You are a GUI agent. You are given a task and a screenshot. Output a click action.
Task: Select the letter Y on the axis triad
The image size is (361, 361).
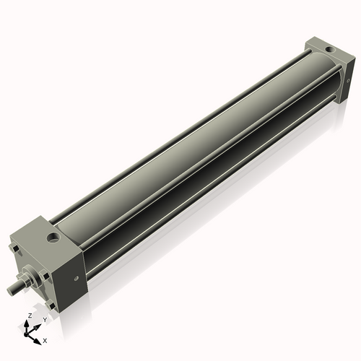[45, 319]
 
